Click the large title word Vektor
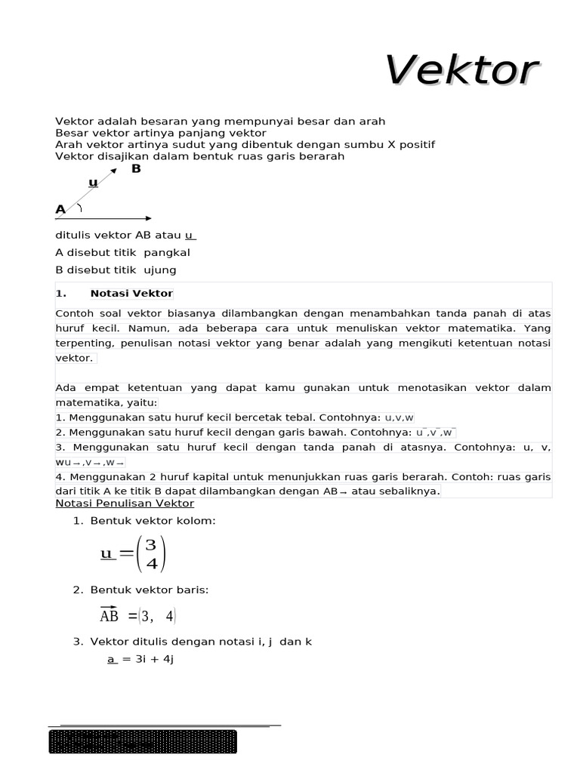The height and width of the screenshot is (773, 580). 461,71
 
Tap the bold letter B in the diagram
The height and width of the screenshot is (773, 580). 136,169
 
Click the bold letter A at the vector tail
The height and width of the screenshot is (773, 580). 60,209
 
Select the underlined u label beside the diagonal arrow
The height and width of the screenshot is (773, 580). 93,183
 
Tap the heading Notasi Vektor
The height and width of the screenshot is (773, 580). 131,294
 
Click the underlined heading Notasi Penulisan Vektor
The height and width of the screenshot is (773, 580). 125,504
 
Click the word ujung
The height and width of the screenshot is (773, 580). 160,270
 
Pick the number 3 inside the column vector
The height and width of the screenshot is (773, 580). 151,545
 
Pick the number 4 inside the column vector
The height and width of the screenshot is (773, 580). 151,564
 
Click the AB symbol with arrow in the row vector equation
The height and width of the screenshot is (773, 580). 110,615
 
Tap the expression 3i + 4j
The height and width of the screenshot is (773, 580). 149,659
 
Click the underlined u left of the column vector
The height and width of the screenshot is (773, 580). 106,554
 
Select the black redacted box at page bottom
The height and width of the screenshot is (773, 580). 143,741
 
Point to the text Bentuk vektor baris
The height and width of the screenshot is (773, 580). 149,590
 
